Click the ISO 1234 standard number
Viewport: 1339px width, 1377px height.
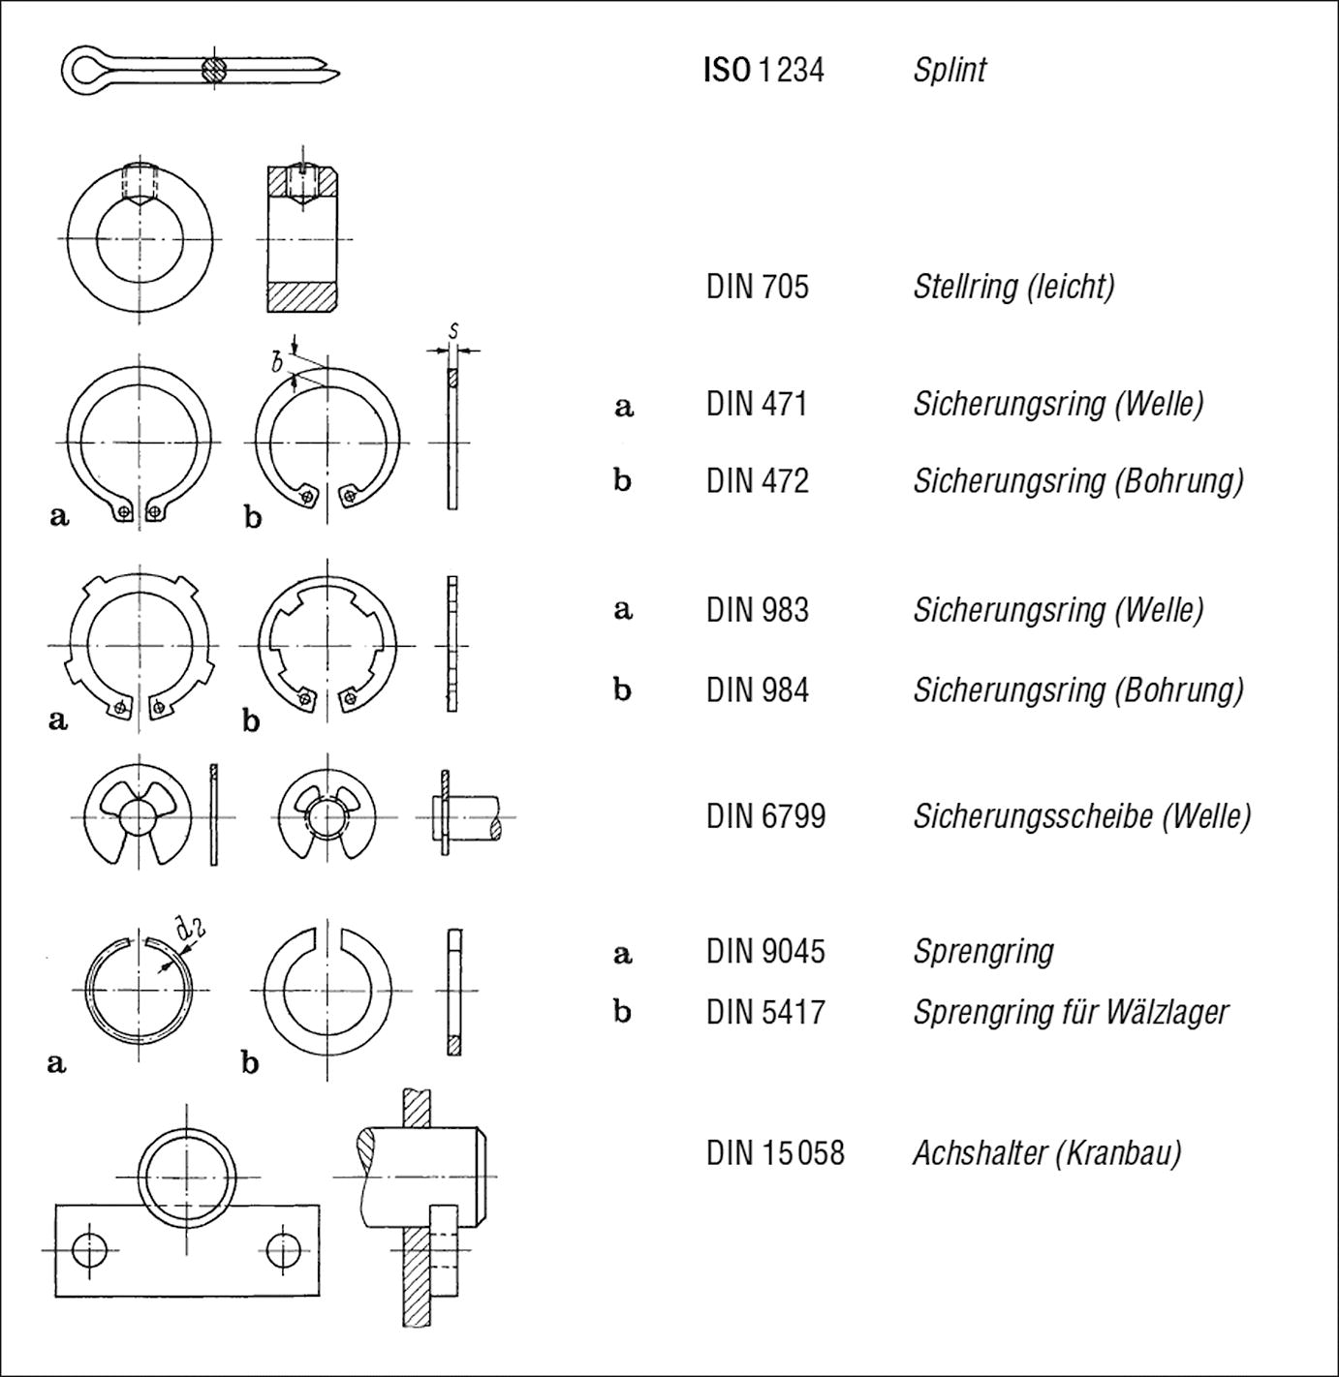763,70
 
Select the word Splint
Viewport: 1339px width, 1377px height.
949,70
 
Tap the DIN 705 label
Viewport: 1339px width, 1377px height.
757,287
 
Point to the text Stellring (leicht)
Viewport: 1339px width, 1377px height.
1013,287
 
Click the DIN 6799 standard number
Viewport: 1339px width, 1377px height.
765,816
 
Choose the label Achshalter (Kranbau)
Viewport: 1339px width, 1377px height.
1046,1152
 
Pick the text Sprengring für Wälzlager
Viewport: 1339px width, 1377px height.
1070,1012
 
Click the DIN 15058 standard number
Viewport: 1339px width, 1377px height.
774,1152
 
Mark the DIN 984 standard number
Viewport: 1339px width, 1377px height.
757,689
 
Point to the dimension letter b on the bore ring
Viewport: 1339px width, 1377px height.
277,363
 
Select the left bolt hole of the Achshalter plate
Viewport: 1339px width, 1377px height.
90,1250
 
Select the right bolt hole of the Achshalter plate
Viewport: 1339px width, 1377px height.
284,1250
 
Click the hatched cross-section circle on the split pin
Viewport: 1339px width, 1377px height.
214,70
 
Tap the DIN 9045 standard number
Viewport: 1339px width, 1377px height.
765,951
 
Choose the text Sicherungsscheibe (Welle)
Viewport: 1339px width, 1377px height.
1081,816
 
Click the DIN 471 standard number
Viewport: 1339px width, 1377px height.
757,404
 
